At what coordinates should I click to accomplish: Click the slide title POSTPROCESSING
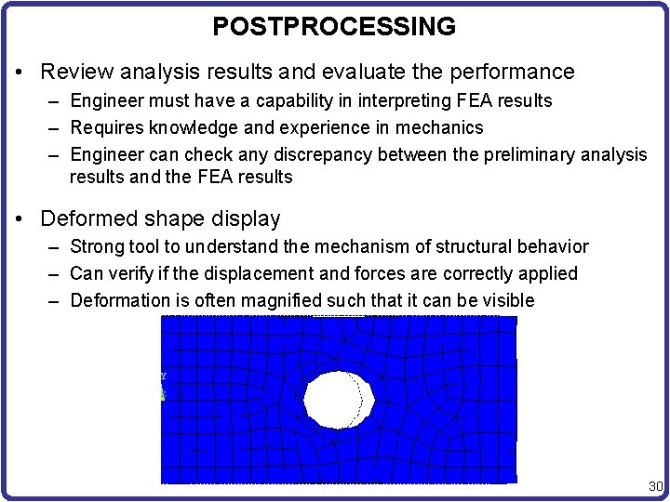334,27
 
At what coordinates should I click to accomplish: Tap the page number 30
654,487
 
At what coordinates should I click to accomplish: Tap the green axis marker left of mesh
162,393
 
